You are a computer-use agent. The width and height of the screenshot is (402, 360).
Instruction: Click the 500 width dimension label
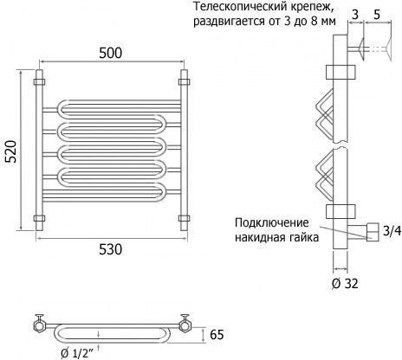(x=111, y=53)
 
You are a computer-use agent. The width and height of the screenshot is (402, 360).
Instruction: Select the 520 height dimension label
(x=12, y=151)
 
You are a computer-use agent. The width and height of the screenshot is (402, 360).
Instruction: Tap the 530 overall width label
(x=111, y=249)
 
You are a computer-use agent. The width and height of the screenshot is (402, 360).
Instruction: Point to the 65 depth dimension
(x=217, y=335)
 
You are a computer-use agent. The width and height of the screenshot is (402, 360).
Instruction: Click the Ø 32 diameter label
(x=345, y=284)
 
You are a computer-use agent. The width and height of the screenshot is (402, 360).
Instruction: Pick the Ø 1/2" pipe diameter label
(x=77, y=353)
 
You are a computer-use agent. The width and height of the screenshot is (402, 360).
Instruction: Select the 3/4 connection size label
(x=392, y=231)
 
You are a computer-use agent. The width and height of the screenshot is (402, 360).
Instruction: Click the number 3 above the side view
(x=355, y=15)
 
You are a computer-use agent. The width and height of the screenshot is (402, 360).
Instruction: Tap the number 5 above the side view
(x=377, y=15)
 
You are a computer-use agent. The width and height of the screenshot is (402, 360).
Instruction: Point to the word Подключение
(x=272, y=222)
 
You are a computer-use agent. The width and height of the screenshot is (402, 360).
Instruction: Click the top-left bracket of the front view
(x=39, y=82)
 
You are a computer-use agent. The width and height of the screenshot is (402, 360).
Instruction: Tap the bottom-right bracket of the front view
(x=184, y=218)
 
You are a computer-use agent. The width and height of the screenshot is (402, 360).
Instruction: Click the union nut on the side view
(x=373, y=232)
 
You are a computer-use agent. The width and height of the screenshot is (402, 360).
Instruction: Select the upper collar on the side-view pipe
(x=340, y=72)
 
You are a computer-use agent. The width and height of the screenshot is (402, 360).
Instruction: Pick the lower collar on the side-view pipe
(x=340, y=211)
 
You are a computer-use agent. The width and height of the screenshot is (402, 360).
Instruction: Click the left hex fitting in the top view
(x=39, y=326)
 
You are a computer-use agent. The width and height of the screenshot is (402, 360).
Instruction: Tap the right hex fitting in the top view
(x=184, y=326)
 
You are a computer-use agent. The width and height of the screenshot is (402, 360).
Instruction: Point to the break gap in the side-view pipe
(x=340, y=145)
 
